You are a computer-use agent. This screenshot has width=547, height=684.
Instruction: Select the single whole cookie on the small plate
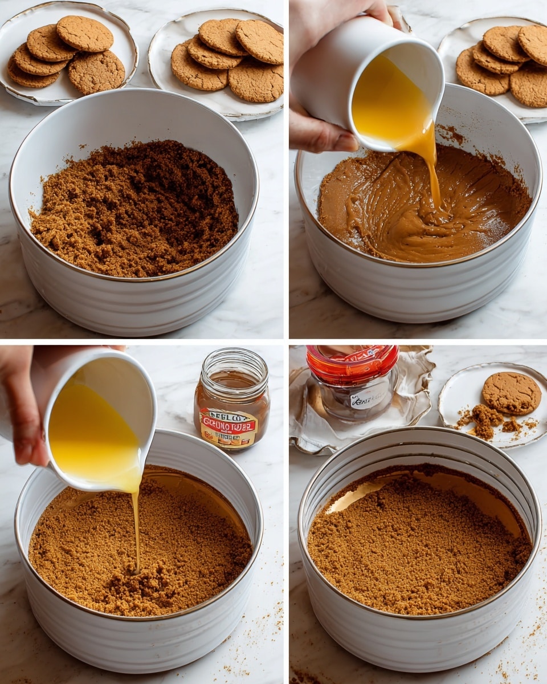[x=511, y=393]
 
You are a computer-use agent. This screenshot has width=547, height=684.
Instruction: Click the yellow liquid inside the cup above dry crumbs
[x=91, y=433]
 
